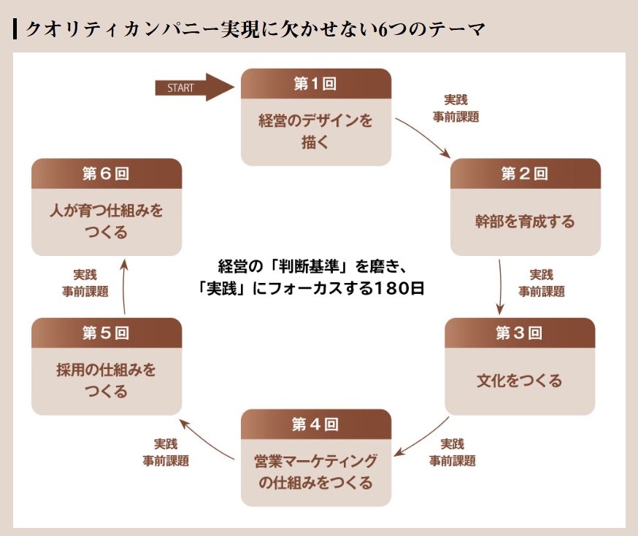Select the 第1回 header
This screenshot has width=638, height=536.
click(316, 84)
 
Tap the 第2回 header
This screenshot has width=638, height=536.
click(526, 174)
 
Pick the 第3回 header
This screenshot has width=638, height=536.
click(520, 333)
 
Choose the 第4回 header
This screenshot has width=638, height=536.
click(316, 424)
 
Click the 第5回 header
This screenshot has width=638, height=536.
click(107, 333)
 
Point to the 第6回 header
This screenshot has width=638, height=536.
click(107, 174)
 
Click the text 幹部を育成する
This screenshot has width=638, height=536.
click(526, 222)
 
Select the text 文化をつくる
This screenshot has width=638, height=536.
click(520, 381)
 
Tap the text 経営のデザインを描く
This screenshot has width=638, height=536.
click(316, 131)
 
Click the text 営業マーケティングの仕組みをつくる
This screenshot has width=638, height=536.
click(316, 472)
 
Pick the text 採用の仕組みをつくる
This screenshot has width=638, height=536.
click(107, 381)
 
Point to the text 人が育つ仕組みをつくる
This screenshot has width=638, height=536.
click(107, 222)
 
